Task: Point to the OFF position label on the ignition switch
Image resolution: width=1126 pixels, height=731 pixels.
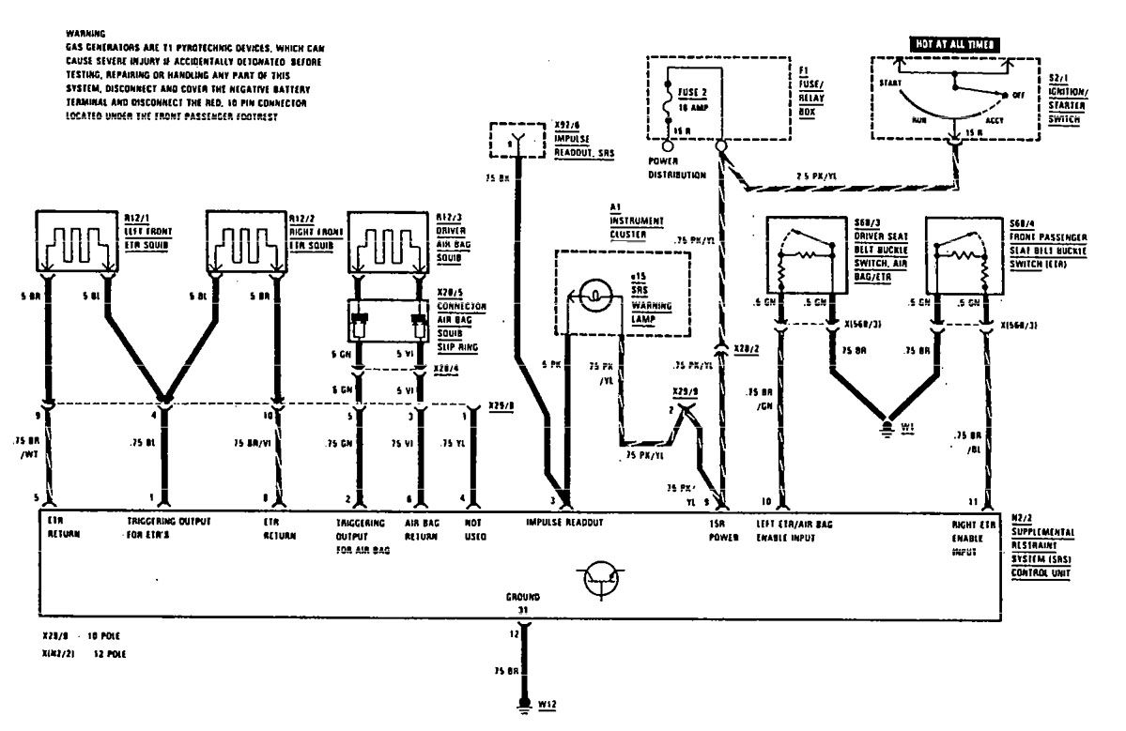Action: pos(1018,95)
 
